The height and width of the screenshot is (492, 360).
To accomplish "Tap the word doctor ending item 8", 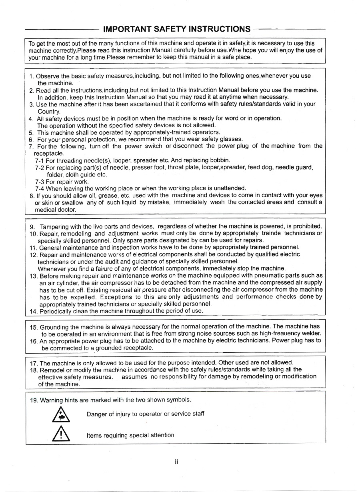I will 67,209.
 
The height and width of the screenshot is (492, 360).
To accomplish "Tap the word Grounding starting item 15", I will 55,327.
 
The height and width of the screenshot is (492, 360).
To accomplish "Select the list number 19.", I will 34,400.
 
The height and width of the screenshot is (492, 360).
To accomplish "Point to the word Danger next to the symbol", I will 96,414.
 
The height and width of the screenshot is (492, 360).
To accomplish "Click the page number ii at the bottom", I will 176,462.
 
